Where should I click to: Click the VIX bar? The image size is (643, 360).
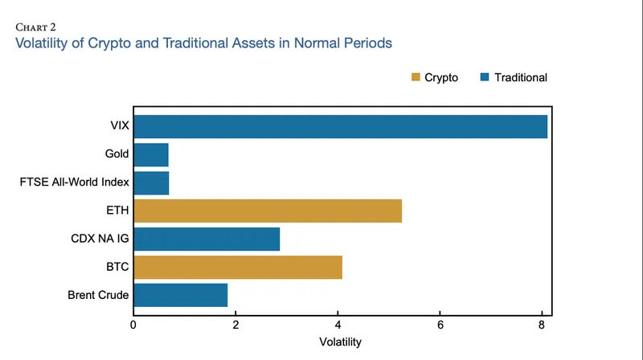[340, 127]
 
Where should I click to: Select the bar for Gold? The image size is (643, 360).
[150, 154]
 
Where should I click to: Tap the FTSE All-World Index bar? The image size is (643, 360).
[151, 182]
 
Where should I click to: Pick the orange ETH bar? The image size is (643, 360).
[267, 211]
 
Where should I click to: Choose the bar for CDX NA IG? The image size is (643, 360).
[207, 239]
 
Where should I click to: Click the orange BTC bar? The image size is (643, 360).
[238, 267]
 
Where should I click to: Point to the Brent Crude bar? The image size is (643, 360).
[180, 295]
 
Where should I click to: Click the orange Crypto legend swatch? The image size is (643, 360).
[416, 78]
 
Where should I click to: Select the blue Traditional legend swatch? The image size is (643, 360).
[484, 78]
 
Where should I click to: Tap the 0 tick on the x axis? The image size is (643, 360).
[133, 325]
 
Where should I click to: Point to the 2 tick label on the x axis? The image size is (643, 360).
[235, 325]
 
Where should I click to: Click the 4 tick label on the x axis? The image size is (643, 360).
[338, 325]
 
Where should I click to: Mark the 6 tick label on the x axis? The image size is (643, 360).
[440, 325]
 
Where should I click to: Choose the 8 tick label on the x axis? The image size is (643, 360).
[543, 325]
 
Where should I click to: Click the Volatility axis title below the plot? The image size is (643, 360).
[340, 342]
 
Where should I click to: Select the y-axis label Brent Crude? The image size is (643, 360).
[98, 295]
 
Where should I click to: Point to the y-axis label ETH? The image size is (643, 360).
[117, 211]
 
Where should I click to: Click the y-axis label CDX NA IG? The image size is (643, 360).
[100, 239]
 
